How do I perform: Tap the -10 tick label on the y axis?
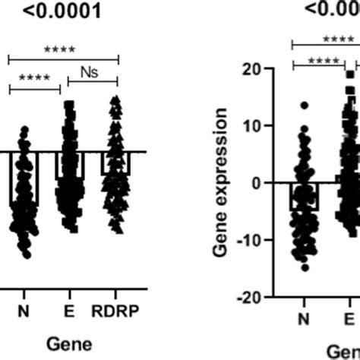[x=271, y=240]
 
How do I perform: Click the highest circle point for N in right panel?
[x=304, y=106]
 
